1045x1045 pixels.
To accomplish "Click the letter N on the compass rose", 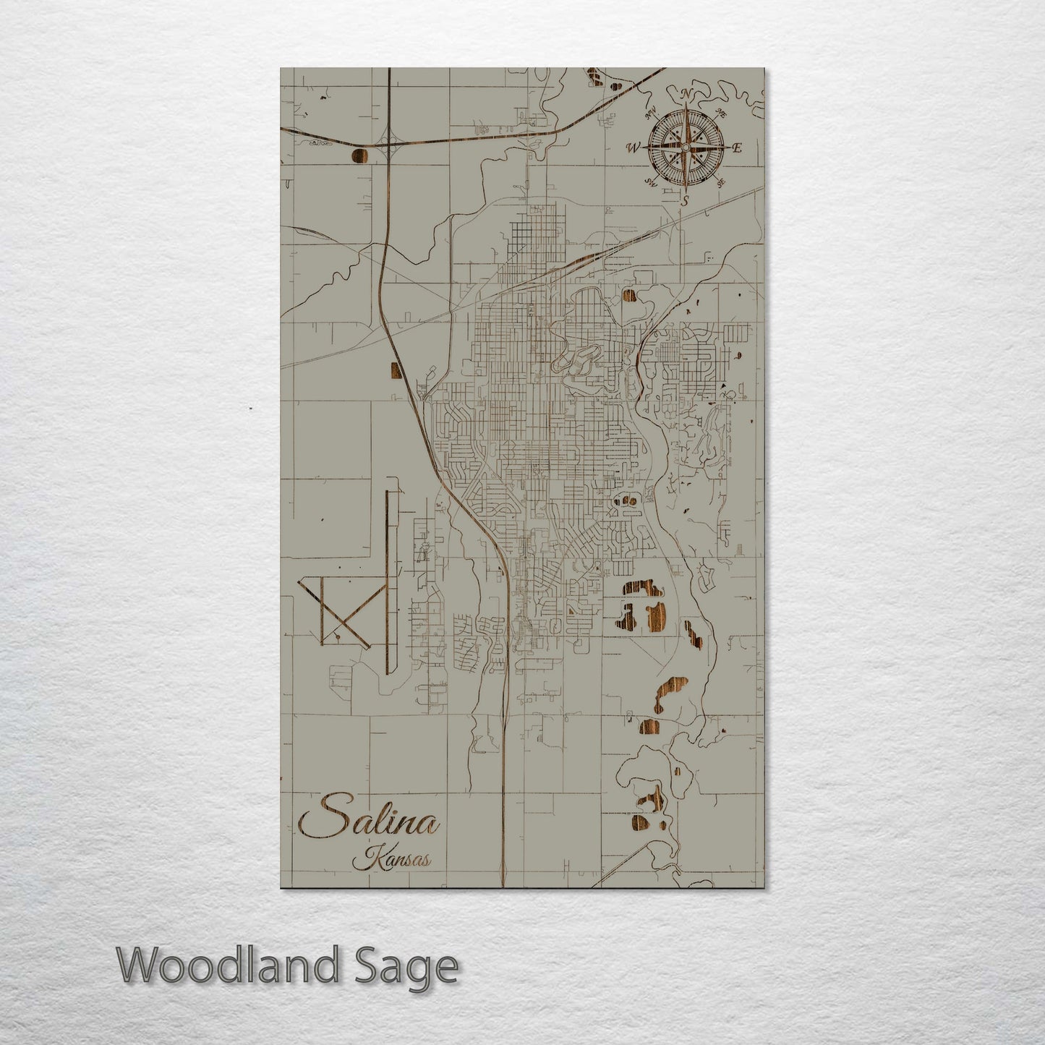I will [685, 95].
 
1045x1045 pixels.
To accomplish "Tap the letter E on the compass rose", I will [737, 148].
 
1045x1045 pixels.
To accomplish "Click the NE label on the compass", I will [720, 113].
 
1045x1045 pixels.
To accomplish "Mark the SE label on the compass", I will [720, 183].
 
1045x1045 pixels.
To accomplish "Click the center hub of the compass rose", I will [685, 148].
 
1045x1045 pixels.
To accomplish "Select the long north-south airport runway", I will [389, 582].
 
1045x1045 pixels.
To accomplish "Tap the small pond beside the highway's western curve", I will [396, 370].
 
